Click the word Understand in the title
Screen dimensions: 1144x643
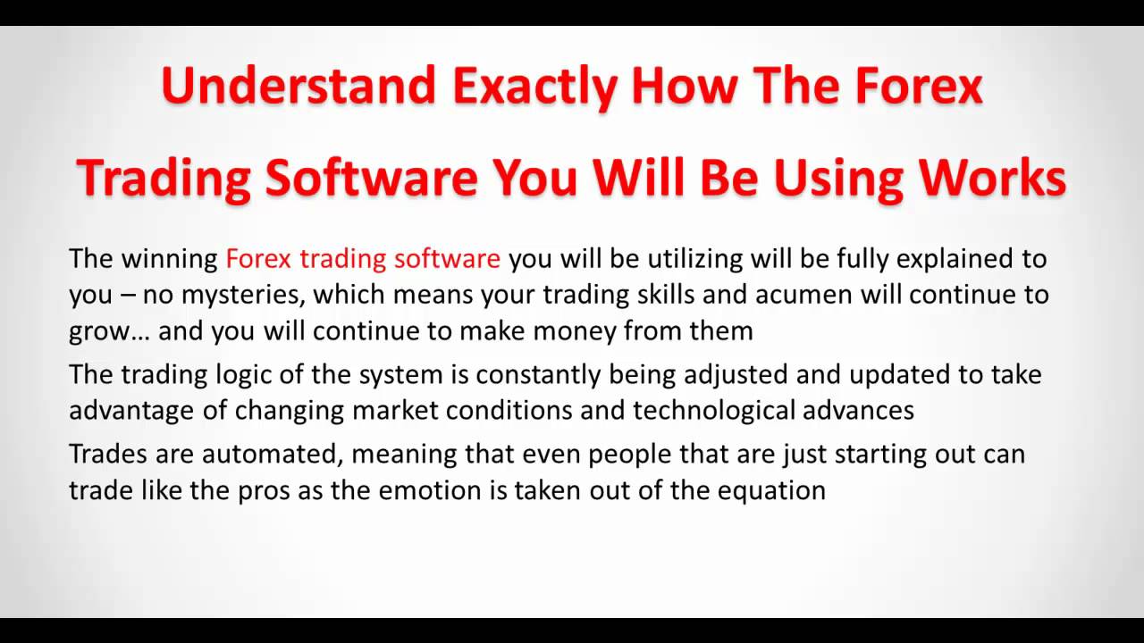[299, 85]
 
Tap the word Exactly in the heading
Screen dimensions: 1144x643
[534, 88]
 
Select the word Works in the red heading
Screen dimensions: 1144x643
[992, 177]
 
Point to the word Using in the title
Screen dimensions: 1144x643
[837, 179]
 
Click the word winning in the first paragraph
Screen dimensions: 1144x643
[169, 259]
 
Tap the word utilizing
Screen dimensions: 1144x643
[695, 259]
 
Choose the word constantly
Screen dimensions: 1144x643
[538, 375]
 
